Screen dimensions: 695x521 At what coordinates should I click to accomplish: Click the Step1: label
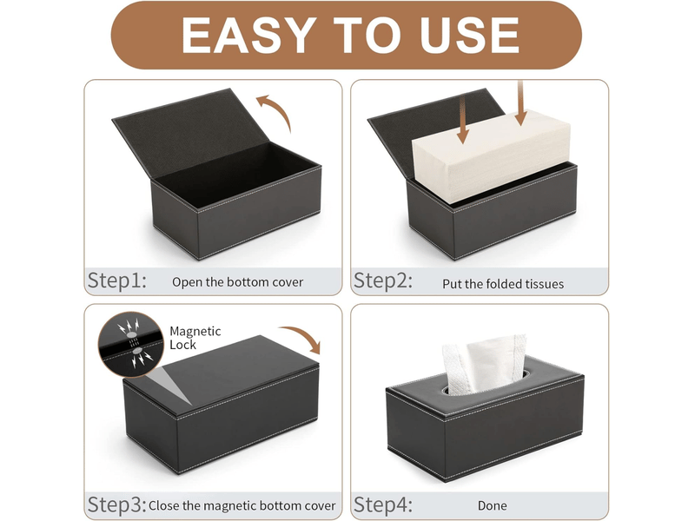coord(117,280)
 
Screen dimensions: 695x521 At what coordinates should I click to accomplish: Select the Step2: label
coord(383,280)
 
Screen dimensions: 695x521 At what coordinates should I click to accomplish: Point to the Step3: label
coord(117,505)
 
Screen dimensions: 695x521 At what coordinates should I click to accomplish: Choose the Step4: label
coord(383,505)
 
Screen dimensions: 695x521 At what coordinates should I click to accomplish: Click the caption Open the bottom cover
coord(237,282)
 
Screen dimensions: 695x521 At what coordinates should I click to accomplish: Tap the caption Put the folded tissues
coord(503,284)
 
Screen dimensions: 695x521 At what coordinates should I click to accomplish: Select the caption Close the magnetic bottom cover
coord(242,505)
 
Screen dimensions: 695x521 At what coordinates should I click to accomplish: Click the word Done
coord(493,505)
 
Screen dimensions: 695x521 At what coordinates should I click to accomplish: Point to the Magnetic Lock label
coord(195,338)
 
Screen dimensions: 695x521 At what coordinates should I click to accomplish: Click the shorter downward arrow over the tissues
coord(462,121)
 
